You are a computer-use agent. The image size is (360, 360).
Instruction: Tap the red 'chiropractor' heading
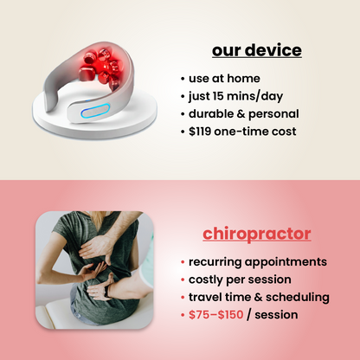tap(257, 234)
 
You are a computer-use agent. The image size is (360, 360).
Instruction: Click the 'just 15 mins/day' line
tap(237, 96)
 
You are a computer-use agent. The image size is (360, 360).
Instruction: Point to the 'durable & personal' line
tap(245, 114)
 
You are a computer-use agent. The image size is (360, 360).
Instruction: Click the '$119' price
tap(202, 132)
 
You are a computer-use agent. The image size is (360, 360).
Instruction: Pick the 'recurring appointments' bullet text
tap(257, 260)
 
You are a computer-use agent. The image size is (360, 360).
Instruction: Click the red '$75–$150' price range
tap(217, 315)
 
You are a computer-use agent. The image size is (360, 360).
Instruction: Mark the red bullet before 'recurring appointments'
tap(183, 260)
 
